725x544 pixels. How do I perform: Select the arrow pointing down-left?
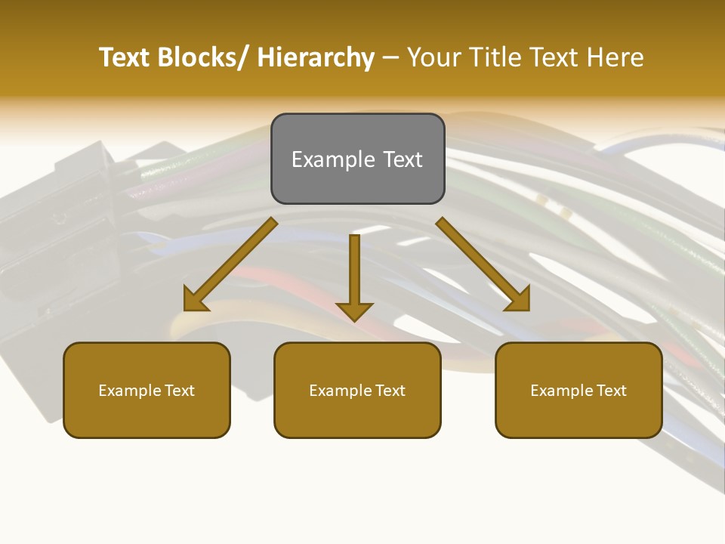click(230, 265)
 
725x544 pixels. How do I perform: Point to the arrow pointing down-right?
click(483, 264)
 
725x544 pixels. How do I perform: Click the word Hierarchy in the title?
click(316, 57)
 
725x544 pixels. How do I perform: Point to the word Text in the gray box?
click(403, 159)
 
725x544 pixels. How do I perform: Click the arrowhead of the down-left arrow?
click(194, 301)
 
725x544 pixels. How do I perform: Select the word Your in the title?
click(433, 57)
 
